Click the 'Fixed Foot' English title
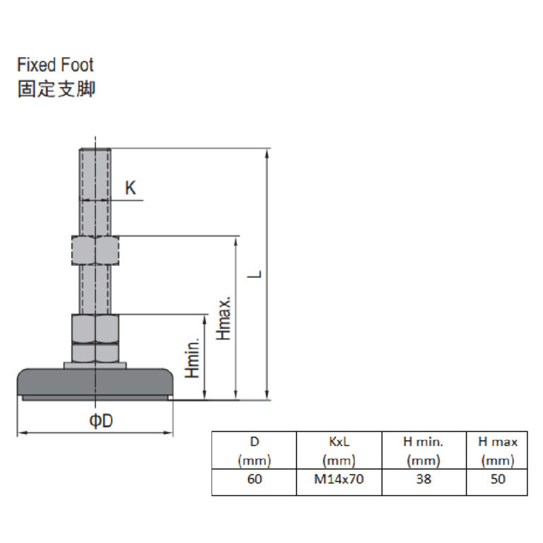coord(55,66)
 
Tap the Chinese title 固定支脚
coord(56,90)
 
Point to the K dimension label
coord(130,188)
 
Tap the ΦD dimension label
coord(101,421)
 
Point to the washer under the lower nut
coord(95,365)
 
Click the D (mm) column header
coord(255,451)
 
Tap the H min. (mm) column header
coord(424,451)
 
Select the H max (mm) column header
coord(497,451)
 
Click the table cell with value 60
coord(255,479)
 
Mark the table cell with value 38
coord(424,479)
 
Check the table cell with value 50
coord(497,479)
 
